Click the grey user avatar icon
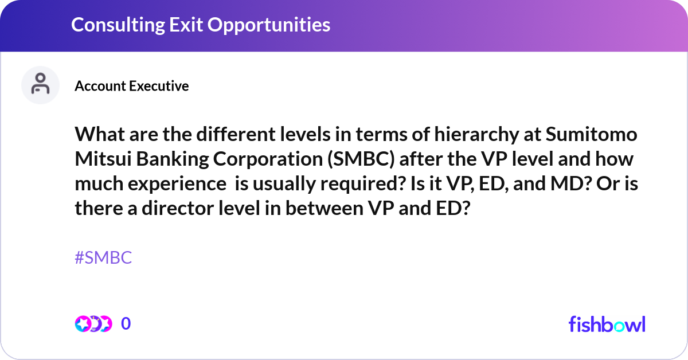click(40, 85)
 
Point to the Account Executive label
click(131, 86)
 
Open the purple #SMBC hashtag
click(103, 258)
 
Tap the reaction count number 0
click(126, 324)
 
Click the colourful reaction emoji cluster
click(93, 324)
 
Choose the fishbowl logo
click(607, 324)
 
